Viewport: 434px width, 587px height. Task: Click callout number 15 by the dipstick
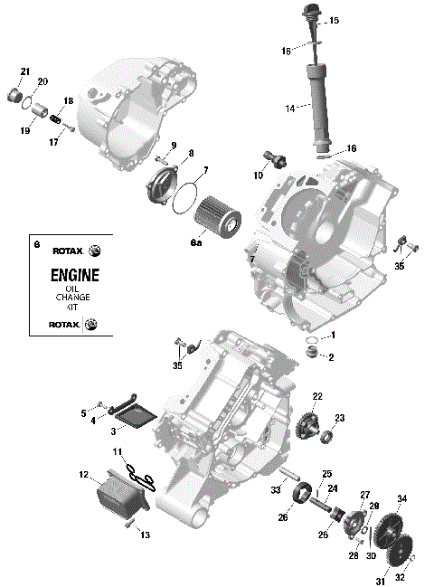pos(334,20)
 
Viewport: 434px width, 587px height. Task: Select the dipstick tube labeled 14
pos(319,104)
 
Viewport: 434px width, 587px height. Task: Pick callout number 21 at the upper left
pos(24,71)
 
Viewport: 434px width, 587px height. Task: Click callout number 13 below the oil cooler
pos(145,535)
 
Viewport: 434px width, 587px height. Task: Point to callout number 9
pos(173,146)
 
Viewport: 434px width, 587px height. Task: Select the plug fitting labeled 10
pos(274,159)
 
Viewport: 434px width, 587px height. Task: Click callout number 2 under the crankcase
pos(331,357)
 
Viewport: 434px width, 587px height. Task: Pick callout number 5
pos(84,413)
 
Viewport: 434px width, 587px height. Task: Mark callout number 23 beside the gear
pos(340,418)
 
